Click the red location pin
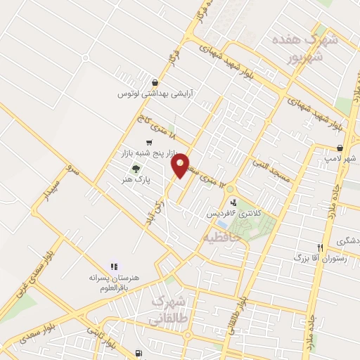pos(181,165)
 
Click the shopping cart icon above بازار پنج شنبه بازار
pos(148,142)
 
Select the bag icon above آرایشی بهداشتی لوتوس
pos(155,82)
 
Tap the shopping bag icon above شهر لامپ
pos(340,148)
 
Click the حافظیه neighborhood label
pos(222,238)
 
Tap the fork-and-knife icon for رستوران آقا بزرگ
pos(320,247)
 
